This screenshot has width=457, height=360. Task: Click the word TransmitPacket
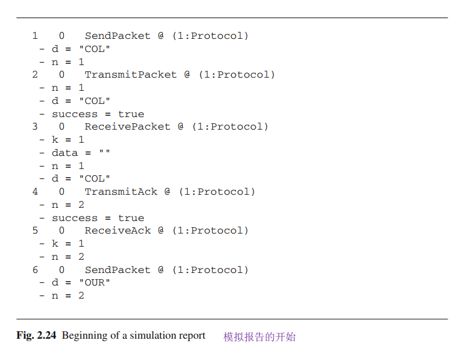(131, 75)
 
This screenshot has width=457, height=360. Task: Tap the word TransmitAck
(121, 192)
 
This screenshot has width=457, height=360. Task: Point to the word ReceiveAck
(118, 230)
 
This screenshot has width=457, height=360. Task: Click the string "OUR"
(94, 282)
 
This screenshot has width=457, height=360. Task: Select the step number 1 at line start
(35, 36)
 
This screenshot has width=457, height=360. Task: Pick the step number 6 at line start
(35, 270)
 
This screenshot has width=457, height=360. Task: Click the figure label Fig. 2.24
(36, 336)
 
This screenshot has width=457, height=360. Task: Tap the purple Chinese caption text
(259, 337)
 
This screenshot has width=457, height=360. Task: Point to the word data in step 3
(64, 153)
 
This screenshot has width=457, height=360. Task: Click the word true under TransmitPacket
(131, 114)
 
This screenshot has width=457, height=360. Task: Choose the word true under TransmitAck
(131, 218)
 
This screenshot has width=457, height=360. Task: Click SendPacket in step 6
(118, 270)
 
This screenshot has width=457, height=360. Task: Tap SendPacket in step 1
(118, 36)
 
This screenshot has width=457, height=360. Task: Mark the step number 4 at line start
(35, 192)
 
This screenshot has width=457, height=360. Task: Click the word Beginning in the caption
(85, 336)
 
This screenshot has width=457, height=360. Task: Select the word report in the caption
(191, 336)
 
